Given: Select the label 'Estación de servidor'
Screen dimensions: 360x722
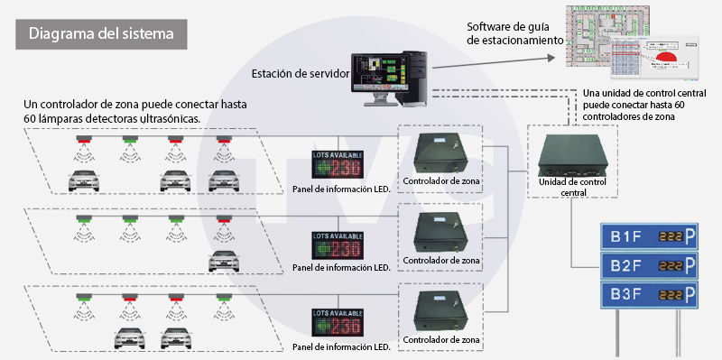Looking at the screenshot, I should [300, 73].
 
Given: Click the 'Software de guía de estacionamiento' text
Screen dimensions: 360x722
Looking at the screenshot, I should [515, 33].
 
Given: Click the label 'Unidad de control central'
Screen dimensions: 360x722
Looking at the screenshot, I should [573, 187].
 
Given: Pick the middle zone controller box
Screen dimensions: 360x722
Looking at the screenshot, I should [441, 233].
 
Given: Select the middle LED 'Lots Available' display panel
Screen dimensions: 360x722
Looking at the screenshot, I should [337, 245].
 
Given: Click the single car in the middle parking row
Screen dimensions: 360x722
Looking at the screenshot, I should [223, 262].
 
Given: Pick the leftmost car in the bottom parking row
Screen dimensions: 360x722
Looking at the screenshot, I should [131, 338].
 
